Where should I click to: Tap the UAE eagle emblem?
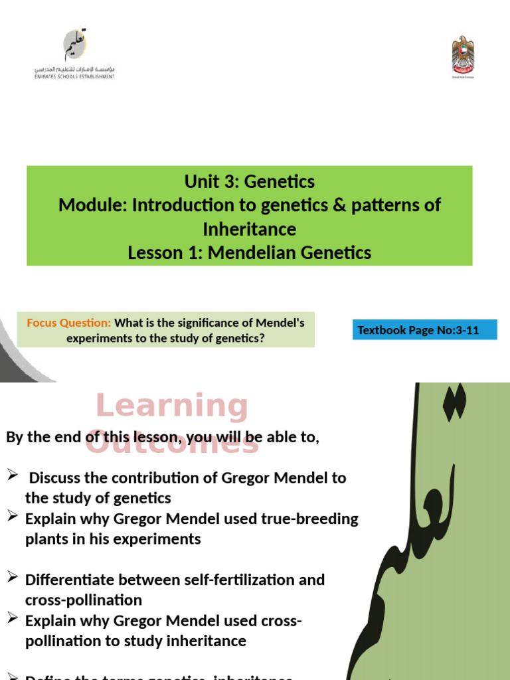[x=463, y=57]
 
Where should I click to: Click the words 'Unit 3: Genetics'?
[x=249, y=181]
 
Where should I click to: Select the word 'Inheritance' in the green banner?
[x=249, y=229]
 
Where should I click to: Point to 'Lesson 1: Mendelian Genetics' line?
[x=249, y=252]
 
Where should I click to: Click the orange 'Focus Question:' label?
[x=69, y=323]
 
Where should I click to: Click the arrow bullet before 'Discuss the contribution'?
[x=12, y=474]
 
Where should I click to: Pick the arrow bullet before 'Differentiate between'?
[x=12, y=578]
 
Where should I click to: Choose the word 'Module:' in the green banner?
[x=93, y=205]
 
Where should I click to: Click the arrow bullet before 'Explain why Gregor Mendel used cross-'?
[x=12, y=619]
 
